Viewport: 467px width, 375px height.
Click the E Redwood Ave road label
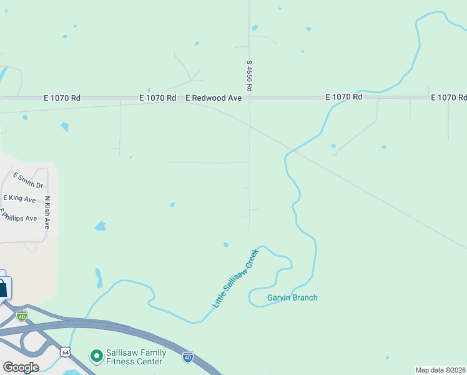tap(214, 98)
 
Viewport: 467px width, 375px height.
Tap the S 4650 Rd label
tap(248, 76)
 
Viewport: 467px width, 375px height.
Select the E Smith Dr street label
tap(28, 181)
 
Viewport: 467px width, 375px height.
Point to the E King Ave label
tap(19, 198)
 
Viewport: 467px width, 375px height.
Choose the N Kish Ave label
tap(47, 212)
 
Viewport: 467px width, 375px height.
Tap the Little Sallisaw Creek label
tap(235, 278)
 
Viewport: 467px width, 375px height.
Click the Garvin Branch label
tap(292, 297)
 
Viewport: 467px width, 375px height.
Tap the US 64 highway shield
tap(65, 353)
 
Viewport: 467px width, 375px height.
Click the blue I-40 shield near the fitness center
tap(188, 357)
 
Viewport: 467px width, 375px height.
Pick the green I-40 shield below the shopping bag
tap(22, 316)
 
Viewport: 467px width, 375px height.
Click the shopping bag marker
tap(3, 288)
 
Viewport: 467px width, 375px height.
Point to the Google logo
tap(21, 367)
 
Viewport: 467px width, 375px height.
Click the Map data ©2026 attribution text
tap(440, 370)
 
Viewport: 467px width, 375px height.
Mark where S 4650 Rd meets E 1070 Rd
tap(249, 98)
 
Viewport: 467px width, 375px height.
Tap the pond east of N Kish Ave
tap(100, 226)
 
